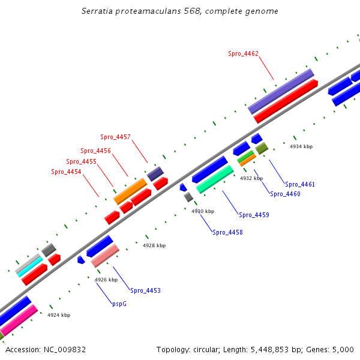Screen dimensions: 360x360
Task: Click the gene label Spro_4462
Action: point(243,53)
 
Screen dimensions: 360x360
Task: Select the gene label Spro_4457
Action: point(115,137)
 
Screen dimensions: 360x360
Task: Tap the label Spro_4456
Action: point(95,151)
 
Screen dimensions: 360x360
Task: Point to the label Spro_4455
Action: point(81,161)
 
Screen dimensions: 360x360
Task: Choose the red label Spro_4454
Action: point(66,172)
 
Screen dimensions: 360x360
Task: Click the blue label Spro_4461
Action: point(300,184)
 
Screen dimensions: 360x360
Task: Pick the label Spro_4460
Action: point(285,194)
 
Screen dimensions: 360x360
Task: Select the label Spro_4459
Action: point(254,215)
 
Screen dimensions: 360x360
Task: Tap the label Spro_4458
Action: point(227,232)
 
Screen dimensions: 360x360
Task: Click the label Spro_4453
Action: point(145,290)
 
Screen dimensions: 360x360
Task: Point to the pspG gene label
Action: point(119,304)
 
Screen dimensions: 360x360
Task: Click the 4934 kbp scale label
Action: point(301,146)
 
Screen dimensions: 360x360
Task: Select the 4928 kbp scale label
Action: point(154,245)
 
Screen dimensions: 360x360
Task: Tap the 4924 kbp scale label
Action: point(59,315)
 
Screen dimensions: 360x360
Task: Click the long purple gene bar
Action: point(281,91)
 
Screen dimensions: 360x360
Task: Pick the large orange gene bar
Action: point(130,191)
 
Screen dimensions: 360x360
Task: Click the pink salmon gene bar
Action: point(105,256)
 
